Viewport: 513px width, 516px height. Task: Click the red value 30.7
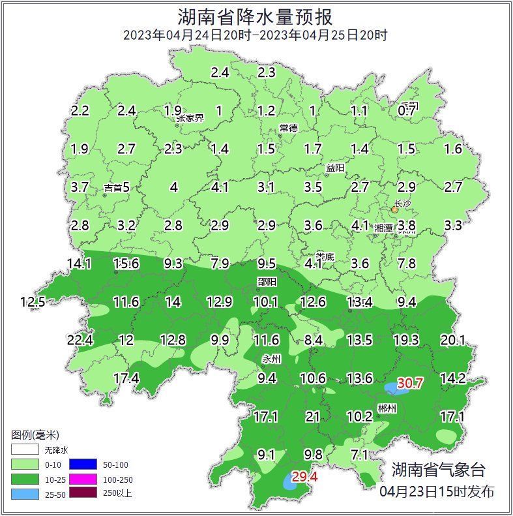point(411,384)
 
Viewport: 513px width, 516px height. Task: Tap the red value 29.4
point(304,477)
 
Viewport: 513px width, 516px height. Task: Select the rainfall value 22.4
point(80,340)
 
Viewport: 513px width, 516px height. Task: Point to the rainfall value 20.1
point(453,340)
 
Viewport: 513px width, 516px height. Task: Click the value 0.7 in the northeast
point(407,111)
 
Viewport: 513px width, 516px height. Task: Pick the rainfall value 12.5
point(33,302)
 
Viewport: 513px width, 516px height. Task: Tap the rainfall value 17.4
point(126,378)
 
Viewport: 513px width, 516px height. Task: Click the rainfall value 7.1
point(359,455)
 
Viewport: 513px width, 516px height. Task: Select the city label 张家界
point(190,118)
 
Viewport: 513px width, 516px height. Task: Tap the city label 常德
point(288,127)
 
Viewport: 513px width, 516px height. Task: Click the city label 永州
point(271,359)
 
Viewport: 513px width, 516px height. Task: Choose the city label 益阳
point(335,168)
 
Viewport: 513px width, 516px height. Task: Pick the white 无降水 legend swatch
point(24,450)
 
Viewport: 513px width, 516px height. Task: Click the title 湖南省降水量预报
point(256,16)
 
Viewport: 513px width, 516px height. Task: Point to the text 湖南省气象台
point(438,469)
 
